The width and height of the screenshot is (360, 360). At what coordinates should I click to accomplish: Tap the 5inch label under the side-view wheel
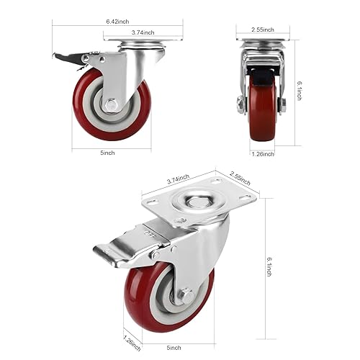107,153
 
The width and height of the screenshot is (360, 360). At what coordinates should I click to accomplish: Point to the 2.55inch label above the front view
258,30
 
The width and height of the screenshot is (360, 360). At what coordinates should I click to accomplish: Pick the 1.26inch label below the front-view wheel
264,153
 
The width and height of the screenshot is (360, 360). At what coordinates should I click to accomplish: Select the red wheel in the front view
262,115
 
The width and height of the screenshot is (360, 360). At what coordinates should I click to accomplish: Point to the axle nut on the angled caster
185,294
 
